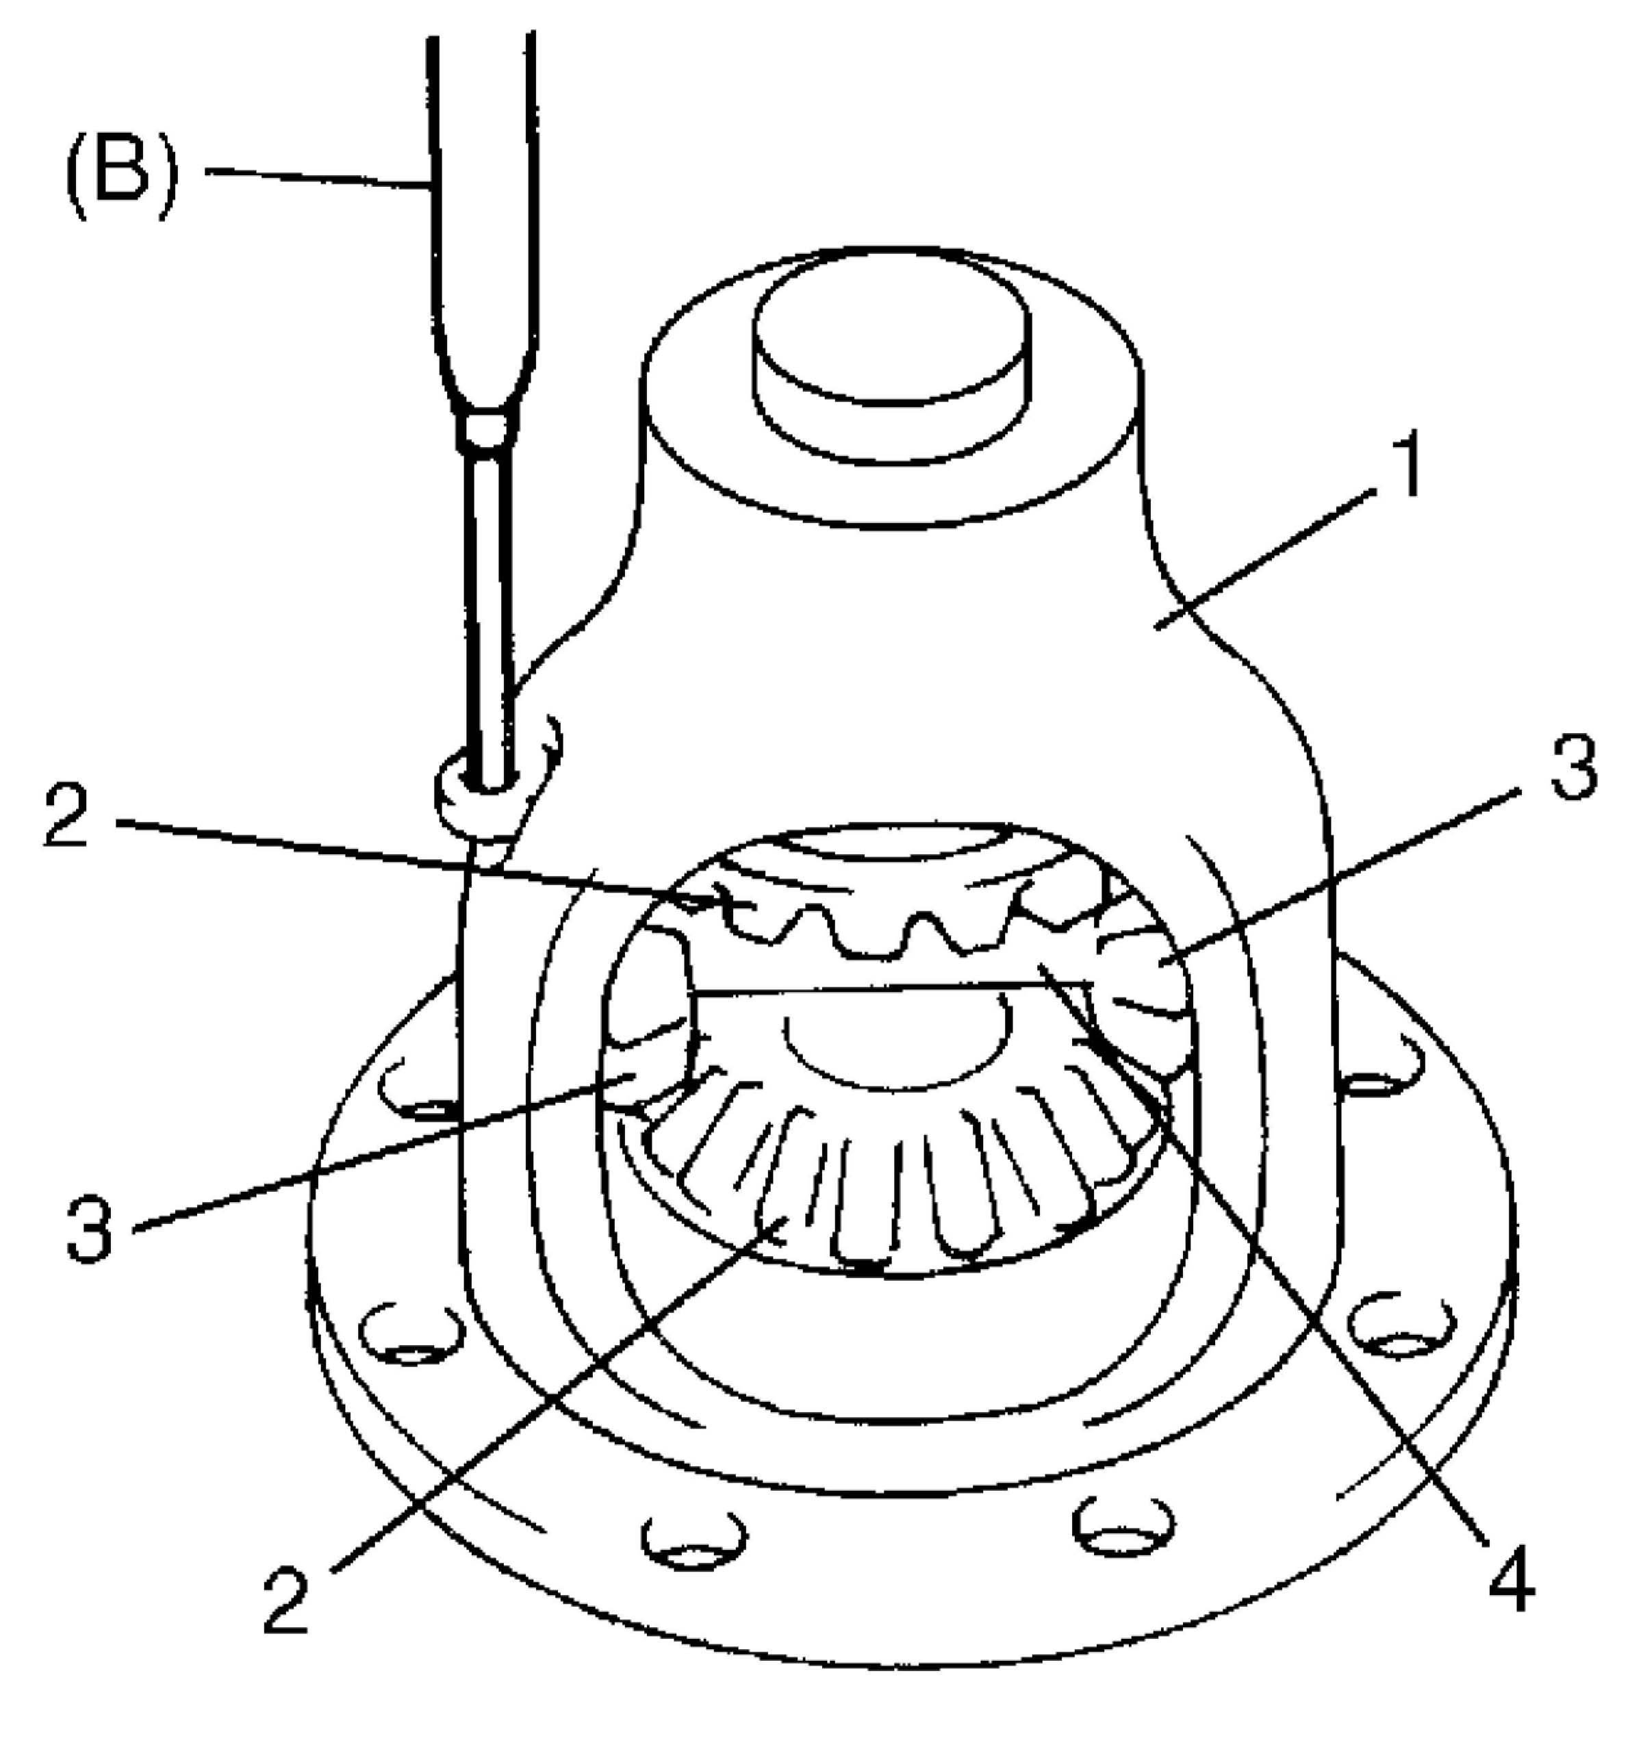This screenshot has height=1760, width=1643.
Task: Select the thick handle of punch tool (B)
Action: coord(483,221)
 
